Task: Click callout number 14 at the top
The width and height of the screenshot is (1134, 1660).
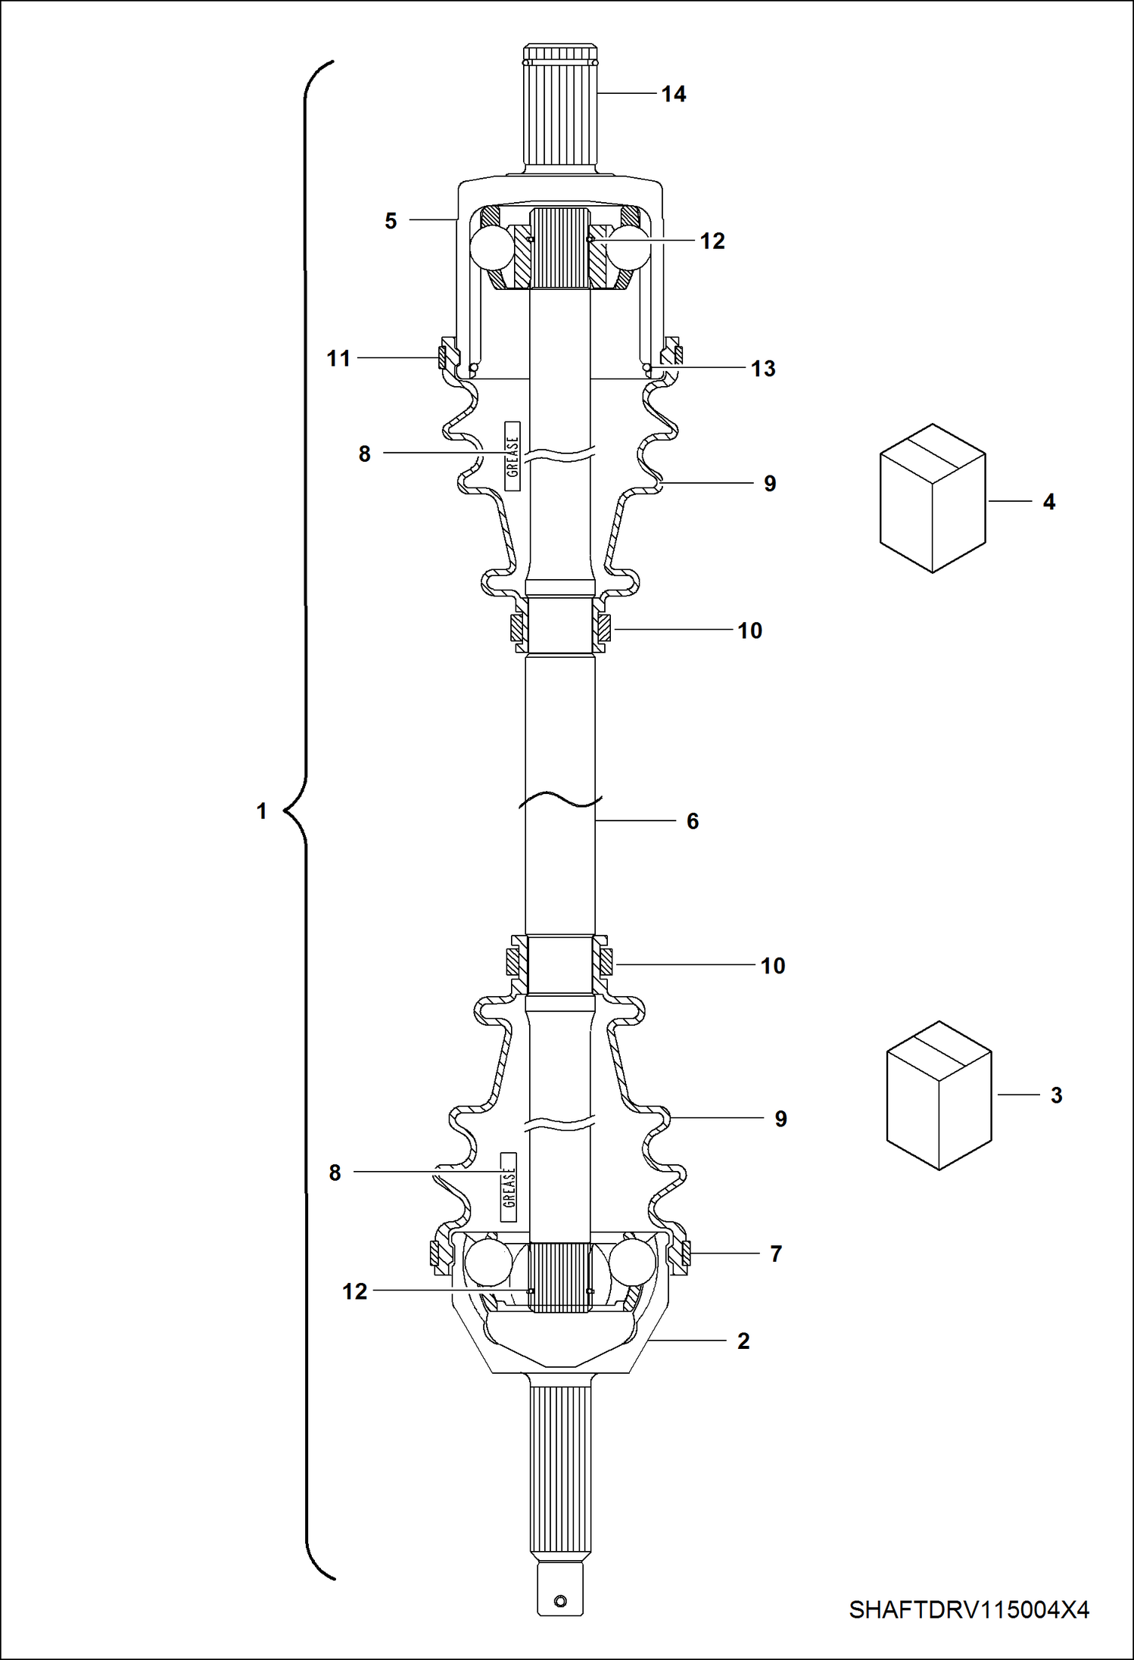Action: [673, 94]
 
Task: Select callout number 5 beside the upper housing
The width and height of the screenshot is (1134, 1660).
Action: [391, 221]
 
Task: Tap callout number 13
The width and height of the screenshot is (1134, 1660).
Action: [763, 369]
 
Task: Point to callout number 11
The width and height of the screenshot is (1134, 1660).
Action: [338, 358]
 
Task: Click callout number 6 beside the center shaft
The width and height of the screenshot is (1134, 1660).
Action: [692, 821]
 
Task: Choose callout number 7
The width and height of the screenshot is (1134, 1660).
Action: [775, 1254]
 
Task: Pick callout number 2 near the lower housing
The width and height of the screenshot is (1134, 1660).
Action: [743, 1341]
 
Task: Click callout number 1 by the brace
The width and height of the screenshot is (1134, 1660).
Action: [261, 811]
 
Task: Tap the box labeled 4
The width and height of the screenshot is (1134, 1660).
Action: [933, 497]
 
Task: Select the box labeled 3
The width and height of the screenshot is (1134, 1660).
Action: [939, 1095]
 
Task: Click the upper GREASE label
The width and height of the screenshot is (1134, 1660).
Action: [512, 456]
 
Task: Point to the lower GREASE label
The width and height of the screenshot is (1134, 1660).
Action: [509, 1187]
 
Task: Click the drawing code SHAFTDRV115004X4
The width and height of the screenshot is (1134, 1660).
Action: [969, 1609]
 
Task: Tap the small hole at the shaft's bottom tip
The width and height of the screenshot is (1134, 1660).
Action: [560, 1601]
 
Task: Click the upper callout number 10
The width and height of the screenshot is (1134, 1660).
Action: [749, 631]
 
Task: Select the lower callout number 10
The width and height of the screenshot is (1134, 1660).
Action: [772, 966]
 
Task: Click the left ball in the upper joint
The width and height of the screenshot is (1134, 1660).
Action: [493, 247]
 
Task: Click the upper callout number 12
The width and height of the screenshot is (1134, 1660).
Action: [712, 241]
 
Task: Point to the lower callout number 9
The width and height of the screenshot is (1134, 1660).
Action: [780, 1119]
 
